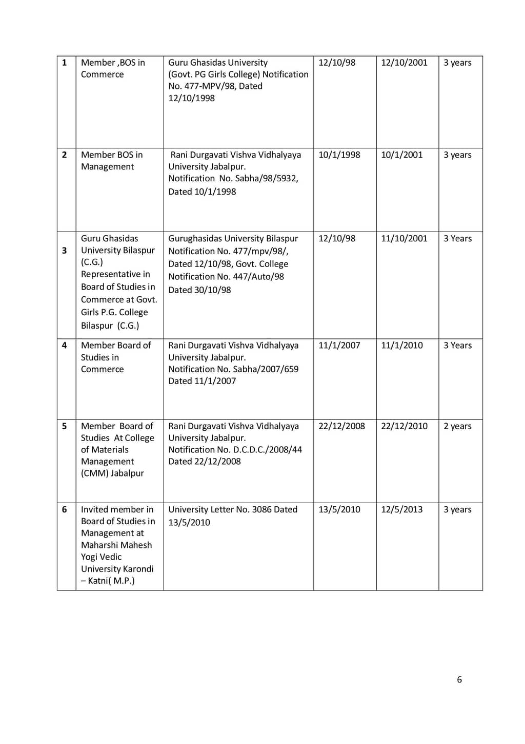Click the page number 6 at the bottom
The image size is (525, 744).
(459, 679)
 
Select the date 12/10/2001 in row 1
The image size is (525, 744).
(404, 63)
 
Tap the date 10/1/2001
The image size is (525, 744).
(401, 155)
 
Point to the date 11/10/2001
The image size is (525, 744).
(404, 238)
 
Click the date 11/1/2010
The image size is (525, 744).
(401, 345)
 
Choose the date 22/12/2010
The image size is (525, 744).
(404, 426)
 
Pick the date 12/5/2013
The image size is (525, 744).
(401, 509)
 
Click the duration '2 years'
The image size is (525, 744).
(457, 426)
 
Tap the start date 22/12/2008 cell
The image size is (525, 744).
(341, 426)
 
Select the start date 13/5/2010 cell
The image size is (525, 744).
(339, 509)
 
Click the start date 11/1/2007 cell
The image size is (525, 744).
(339, 345)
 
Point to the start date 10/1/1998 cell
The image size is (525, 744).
(339, 155)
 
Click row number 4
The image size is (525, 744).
(64, 345)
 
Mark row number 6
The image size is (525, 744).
(64, 509)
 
